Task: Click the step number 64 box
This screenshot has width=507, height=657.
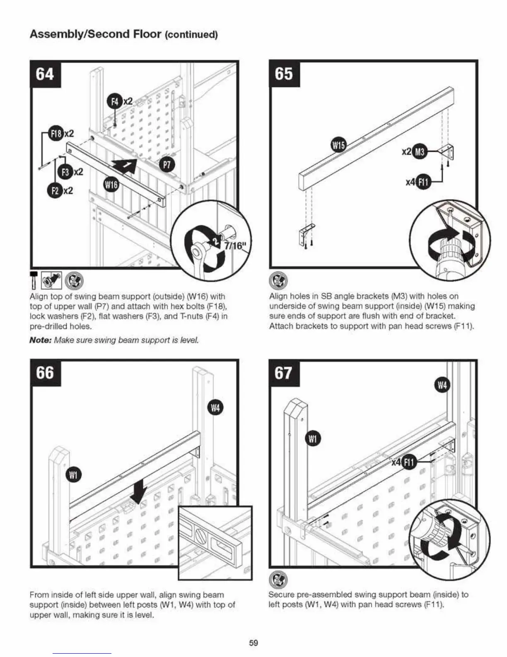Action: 45,74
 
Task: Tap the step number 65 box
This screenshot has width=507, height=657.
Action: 284,74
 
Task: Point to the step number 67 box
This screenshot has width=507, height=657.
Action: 284,372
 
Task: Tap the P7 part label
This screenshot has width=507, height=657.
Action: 167,165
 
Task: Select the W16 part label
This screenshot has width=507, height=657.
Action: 111,185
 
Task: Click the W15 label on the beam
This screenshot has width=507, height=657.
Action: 339,145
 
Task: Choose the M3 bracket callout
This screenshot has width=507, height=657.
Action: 420,151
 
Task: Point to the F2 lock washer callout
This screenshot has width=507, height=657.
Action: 55,190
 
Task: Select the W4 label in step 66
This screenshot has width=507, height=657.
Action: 215,408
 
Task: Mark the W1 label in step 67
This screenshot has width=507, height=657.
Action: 313,438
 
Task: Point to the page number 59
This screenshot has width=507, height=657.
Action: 254,642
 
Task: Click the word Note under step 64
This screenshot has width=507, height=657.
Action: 40,340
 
